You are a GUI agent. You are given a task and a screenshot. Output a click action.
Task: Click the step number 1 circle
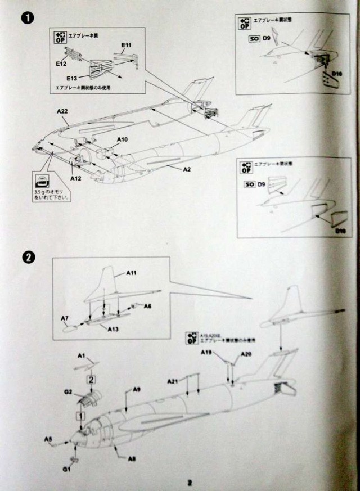(26, 19)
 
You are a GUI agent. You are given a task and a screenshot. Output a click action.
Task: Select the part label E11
(126, 44)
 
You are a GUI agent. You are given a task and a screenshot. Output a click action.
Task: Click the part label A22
(62, 112)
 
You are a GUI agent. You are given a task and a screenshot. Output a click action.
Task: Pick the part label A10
(122, 139)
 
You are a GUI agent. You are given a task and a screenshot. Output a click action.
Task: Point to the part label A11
(132, 273)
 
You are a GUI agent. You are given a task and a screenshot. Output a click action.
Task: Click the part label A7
(65, 318)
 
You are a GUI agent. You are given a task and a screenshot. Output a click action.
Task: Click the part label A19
(208, 353)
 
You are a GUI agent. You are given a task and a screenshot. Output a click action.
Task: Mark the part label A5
(48, 439)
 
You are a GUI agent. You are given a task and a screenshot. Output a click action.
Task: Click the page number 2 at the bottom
(190, 482)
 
